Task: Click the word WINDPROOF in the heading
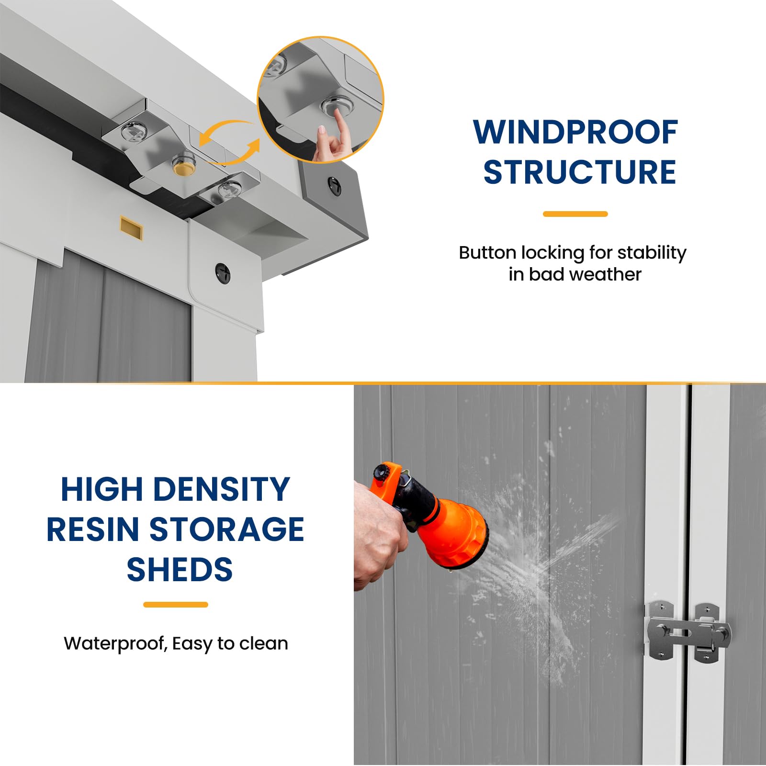575,132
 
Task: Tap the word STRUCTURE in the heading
579,172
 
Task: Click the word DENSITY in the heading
222,489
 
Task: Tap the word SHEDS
180,570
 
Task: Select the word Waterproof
115,644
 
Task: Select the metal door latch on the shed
688,633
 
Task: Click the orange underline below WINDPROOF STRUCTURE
575,214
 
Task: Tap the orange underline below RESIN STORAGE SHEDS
176,605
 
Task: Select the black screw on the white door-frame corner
223,273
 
